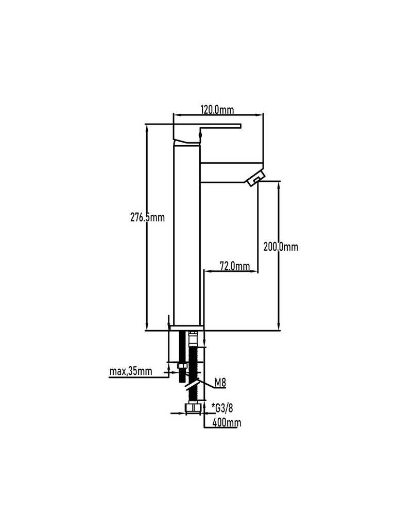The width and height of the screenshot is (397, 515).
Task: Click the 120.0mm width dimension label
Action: point(217,110)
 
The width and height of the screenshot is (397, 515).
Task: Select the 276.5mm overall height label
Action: point(147,217)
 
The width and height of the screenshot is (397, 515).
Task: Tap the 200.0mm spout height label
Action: point(281,246)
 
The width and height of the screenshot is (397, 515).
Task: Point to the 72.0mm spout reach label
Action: point(234,266)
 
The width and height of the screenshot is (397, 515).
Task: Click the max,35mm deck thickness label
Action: point(131,371)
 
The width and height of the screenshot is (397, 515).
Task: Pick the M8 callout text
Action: point(220,383)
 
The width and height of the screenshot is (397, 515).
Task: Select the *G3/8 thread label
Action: point(222,408)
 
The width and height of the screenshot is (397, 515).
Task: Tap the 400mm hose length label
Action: point(227,422)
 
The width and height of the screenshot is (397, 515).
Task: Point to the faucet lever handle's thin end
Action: point(240,126)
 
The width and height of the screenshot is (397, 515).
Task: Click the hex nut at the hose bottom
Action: point(193,408)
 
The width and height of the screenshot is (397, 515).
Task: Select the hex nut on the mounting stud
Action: point(182,366)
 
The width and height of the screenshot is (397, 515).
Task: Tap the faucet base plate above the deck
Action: point(186,328)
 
